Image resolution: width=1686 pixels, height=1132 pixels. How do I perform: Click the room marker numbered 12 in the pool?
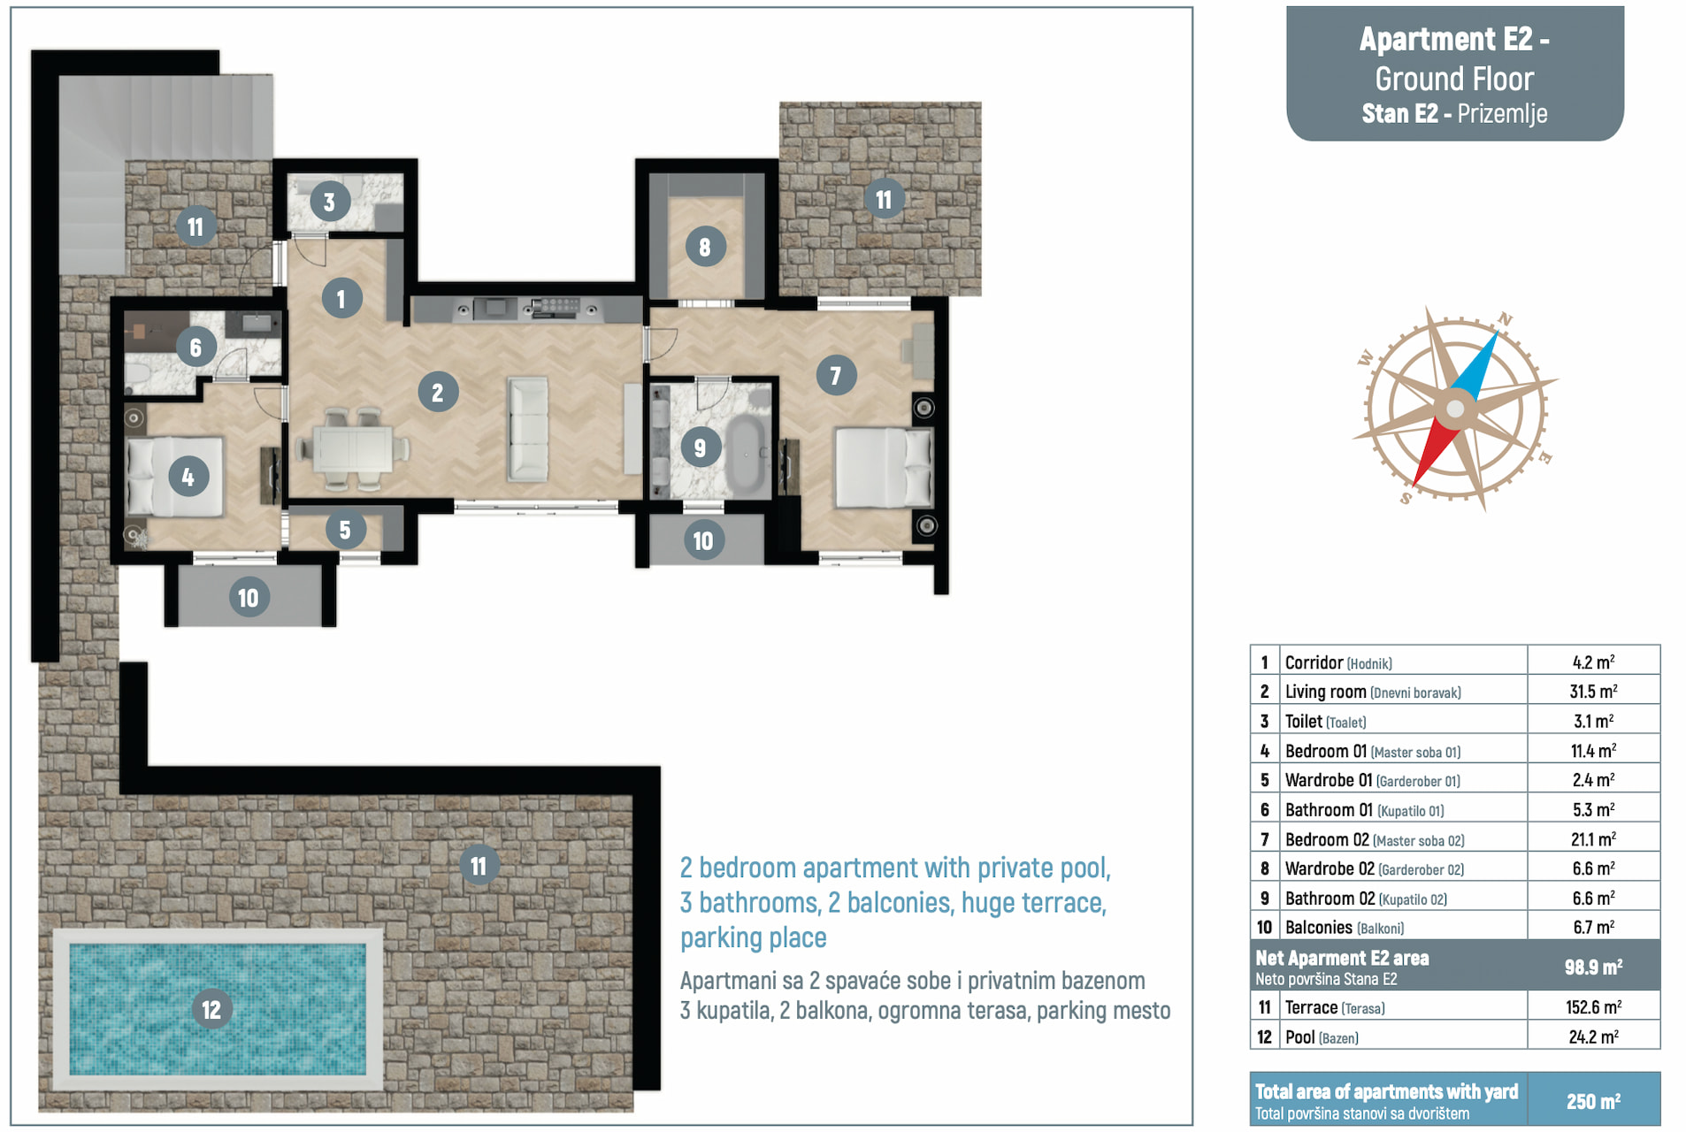click(x=211, y=1009)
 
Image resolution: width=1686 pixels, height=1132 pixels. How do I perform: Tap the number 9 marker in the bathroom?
click(x=700, y=447)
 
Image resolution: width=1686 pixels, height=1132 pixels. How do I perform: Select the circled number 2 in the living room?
click(x=437, y=392)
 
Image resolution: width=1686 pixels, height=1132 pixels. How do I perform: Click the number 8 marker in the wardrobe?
click(x=705, y=247)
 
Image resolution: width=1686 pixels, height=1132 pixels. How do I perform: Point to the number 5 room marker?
click(x=345, y=530)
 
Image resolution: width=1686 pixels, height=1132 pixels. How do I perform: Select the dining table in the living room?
click(x=355, y=448)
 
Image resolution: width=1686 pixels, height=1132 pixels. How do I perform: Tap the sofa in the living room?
click(x=528, y=429)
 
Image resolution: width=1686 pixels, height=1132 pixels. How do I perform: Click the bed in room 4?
click(x=175, y=477)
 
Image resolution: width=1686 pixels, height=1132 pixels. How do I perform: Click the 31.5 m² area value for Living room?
click(x=1593, y=692)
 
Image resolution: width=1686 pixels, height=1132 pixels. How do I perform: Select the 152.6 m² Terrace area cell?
click(x=1593, y=1007)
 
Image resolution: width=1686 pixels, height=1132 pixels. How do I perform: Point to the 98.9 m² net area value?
click(x=1593, y=967)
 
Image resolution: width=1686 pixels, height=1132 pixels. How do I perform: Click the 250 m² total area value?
click(x=1593, y=1101)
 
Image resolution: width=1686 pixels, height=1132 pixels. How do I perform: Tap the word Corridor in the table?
click(x=1314, y=662)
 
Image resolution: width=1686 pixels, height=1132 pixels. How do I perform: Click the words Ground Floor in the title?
click(x=1454, y=79)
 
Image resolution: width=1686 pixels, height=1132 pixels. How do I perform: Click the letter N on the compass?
click(x=1505, y=319)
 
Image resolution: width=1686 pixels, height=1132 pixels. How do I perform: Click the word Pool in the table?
click(x=1299, y=1036)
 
